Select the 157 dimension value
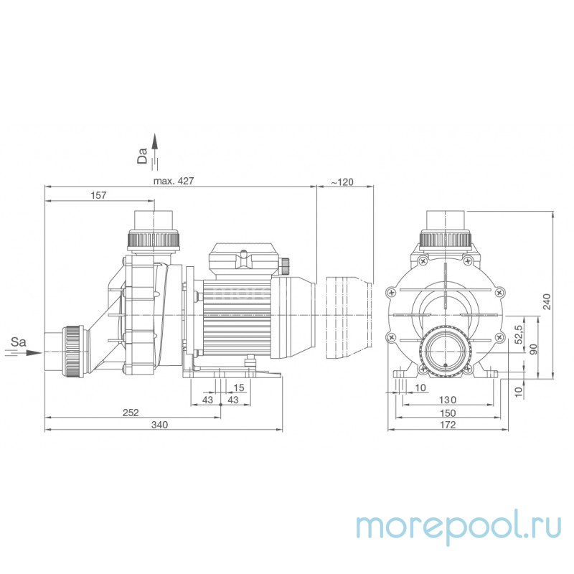click(100, 195)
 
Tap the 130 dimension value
click(447, 400)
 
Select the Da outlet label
click(142, 156)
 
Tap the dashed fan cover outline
click(349, 316)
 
